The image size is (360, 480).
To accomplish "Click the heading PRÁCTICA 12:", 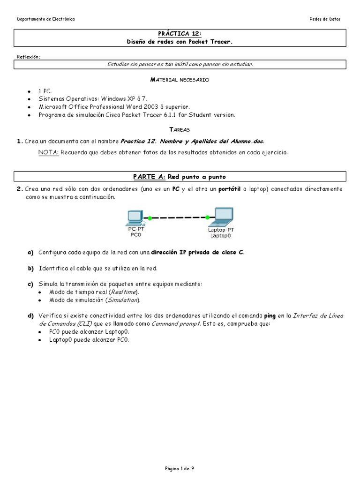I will point(180,34).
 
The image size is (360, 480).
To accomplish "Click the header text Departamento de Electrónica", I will point(45,19).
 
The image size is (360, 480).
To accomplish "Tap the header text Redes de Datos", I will point(325,19).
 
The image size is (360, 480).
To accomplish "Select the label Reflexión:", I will point(29,57).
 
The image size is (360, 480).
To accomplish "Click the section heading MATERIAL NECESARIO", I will point(180,80).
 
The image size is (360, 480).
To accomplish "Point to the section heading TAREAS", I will point(180,129).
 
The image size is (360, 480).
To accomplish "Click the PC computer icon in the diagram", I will point(135,217).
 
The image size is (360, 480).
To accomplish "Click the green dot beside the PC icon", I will point(150,218).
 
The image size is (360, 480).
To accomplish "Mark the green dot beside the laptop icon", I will point(208,217).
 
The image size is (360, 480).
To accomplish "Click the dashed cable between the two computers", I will point(179,217).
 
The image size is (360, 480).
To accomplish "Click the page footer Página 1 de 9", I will point(180,468).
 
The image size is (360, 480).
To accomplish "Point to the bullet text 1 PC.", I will point(46,91).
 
